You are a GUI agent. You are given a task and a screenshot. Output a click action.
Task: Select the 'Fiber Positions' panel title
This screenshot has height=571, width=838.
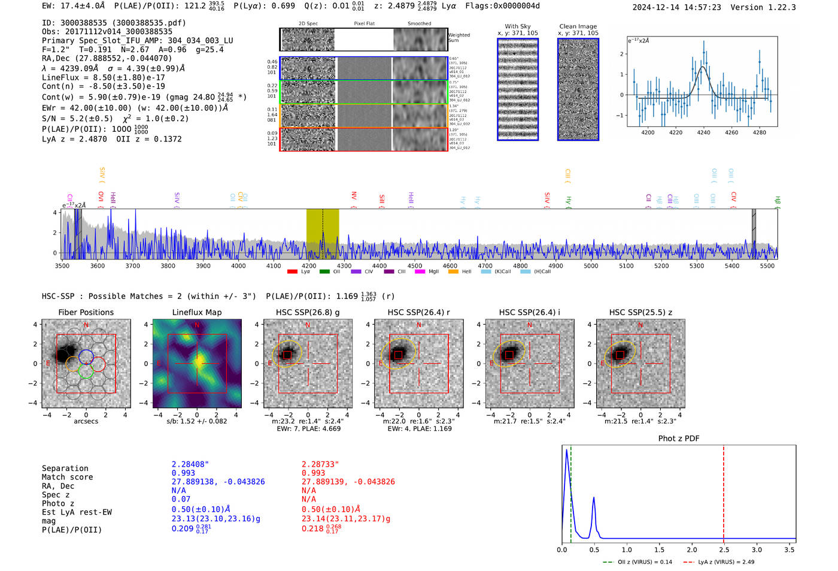tap(86, 312)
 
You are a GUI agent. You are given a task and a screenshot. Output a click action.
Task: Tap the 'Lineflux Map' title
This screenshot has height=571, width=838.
tap(197, 312)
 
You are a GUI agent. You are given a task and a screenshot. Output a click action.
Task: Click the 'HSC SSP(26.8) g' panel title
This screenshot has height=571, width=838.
tap(308, 312)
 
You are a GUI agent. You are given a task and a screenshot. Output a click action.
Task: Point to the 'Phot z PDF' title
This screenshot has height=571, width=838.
tap(678, 438)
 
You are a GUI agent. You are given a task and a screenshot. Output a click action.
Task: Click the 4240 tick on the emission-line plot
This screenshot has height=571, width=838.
tap(703, 132)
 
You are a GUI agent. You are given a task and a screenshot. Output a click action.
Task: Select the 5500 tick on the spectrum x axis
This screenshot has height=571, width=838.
tap(767, 265)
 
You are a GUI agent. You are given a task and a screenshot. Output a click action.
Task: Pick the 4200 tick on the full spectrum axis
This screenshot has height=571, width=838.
tap(309, 265)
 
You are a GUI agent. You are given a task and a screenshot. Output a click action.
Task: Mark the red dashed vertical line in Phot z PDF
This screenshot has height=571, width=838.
tap(723, 491)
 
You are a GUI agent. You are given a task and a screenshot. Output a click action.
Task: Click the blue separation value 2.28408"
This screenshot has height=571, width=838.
tap(190, 464)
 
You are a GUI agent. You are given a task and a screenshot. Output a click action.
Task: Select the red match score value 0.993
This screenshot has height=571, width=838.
tap(313, 473)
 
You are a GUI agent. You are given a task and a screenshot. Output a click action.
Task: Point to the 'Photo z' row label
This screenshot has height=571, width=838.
tap(58, 503)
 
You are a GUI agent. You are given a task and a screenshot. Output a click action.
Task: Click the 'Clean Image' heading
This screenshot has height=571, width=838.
tap(578, 26)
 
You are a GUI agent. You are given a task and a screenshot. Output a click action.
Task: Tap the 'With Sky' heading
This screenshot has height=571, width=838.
tap(517, 26)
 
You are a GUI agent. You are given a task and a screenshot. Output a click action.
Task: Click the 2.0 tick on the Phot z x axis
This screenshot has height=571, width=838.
tap(691, 549)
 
